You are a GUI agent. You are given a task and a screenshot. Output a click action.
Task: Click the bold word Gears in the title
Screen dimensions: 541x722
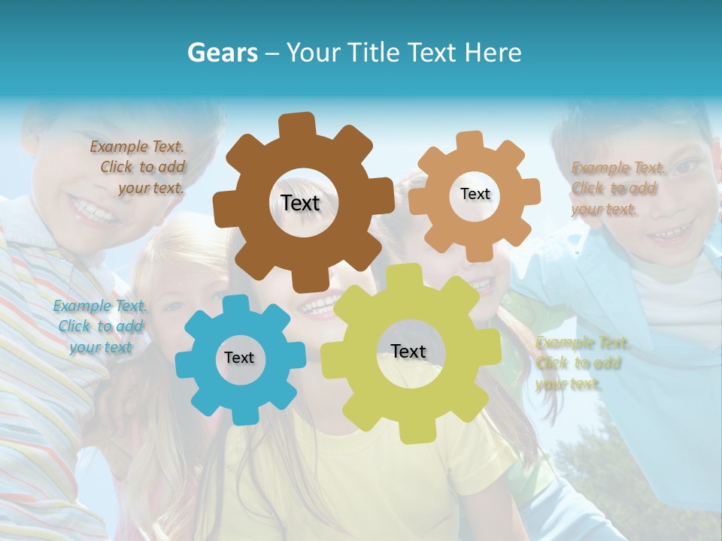point(222,53)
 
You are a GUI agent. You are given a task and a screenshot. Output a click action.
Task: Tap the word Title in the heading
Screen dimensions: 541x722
point(374,53)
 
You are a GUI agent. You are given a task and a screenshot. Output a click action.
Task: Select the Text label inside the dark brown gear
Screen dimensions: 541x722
point(300,203)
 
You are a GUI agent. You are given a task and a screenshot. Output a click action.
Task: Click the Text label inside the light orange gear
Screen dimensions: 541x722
point(475,194)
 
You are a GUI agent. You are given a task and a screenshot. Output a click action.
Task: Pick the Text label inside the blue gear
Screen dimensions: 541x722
point(239,358)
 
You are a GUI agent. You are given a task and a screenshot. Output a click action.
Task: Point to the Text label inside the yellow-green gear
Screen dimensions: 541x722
point(408,351)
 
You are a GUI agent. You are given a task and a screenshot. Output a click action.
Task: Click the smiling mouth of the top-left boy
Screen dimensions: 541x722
point(94,210)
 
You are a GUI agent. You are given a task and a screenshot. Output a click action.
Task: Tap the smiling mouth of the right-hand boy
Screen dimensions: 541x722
point(666,234)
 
